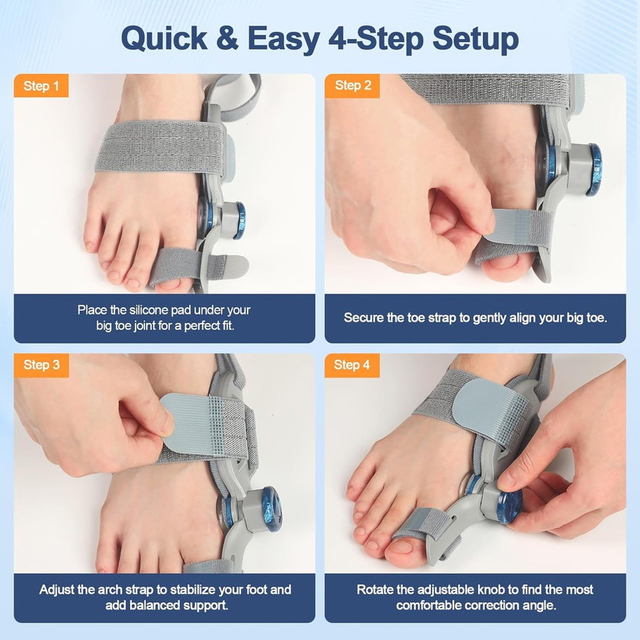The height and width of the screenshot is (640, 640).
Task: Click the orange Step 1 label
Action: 41,86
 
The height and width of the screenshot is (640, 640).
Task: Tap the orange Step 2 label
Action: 352,86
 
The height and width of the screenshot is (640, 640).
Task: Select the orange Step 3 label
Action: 41,365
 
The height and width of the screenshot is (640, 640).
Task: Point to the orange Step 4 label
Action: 352,365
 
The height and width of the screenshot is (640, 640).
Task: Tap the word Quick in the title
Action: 164,38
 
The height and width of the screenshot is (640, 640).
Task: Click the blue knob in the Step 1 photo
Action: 239,220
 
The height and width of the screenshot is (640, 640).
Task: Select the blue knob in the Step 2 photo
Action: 594,169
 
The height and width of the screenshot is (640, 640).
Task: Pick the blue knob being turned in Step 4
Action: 510,506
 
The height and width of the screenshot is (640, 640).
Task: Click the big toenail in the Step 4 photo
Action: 402,547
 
